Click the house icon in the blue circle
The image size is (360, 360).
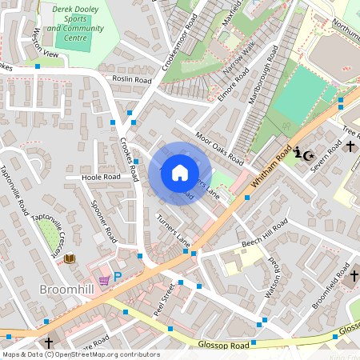[180, 173]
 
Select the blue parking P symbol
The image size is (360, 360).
[118, 276]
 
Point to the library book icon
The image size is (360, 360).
[70, 258]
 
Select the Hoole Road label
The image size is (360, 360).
[101, 177]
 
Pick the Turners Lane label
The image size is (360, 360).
[174, 230]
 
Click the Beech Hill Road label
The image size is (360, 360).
[263, 231]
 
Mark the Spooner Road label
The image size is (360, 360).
[105, 221]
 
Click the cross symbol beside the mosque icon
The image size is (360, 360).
[350, 146]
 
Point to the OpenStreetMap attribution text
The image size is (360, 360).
[80, 354]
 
